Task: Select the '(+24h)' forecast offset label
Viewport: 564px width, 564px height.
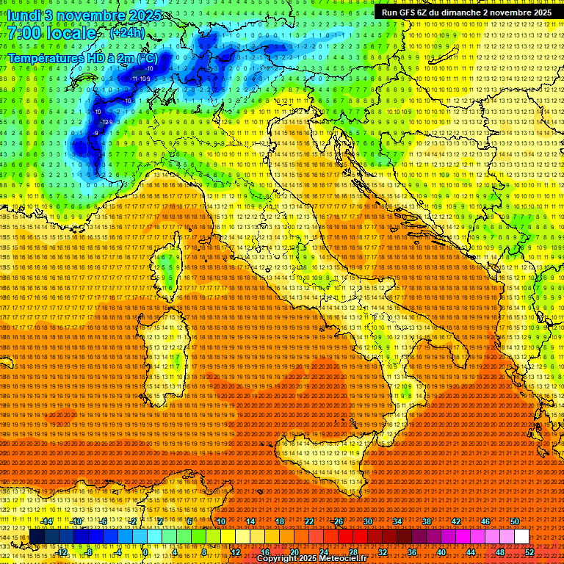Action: pos(128,33)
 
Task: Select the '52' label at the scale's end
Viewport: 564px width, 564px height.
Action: pos(529,552)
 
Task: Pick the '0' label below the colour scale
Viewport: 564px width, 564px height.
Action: pos(147,552)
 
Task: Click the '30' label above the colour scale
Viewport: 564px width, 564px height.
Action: pos(367,521)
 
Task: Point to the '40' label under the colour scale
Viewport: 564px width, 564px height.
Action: pos(441,552)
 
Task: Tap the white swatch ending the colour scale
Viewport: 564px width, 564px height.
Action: pos(521,536)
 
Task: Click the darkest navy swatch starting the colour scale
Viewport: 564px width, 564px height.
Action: pos(37,536)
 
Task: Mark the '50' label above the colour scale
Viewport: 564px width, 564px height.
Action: pos(515,521)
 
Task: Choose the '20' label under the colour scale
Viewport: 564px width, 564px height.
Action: pos(294,552)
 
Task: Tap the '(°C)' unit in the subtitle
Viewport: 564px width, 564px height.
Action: pos(146,57)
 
